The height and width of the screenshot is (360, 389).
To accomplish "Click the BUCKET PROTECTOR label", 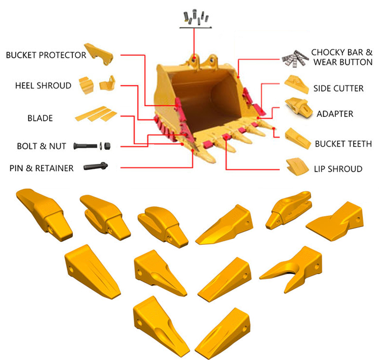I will (x=46, y=55).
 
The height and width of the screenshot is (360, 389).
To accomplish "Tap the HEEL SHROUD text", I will (x=43, y=85).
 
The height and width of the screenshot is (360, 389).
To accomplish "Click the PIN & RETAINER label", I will (x=41, y=167).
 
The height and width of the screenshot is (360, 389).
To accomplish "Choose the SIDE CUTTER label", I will (x=338, y=88).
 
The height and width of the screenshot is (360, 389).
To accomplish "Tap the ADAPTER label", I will (x=335, y=113).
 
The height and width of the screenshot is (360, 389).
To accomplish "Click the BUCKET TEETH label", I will (x=343, y=144).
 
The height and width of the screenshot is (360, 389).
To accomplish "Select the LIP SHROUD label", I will (x=337, y=168).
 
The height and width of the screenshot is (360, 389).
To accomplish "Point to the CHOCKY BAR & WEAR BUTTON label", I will (x=342, y=57).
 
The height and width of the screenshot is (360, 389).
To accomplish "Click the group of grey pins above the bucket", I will (x=195, y=17).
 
